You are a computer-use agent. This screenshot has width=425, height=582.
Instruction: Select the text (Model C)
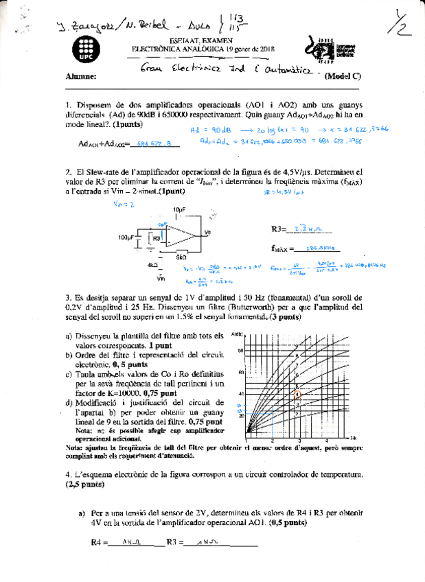coord(343,76)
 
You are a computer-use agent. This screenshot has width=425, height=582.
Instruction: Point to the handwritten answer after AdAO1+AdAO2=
coord(154,143)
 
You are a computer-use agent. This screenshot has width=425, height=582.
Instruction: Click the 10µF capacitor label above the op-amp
coord(180,209)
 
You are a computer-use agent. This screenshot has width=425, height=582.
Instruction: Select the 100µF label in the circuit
coord(126,237)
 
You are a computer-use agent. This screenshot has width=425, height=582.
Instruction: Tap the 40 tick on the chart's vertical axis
coord(241,393)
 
